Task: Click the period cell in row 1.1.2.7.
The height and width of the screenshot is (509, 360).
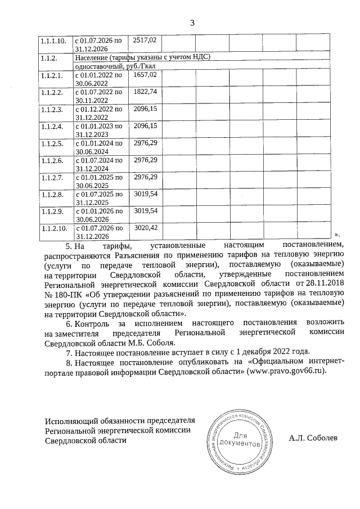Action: click(98, 181)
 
